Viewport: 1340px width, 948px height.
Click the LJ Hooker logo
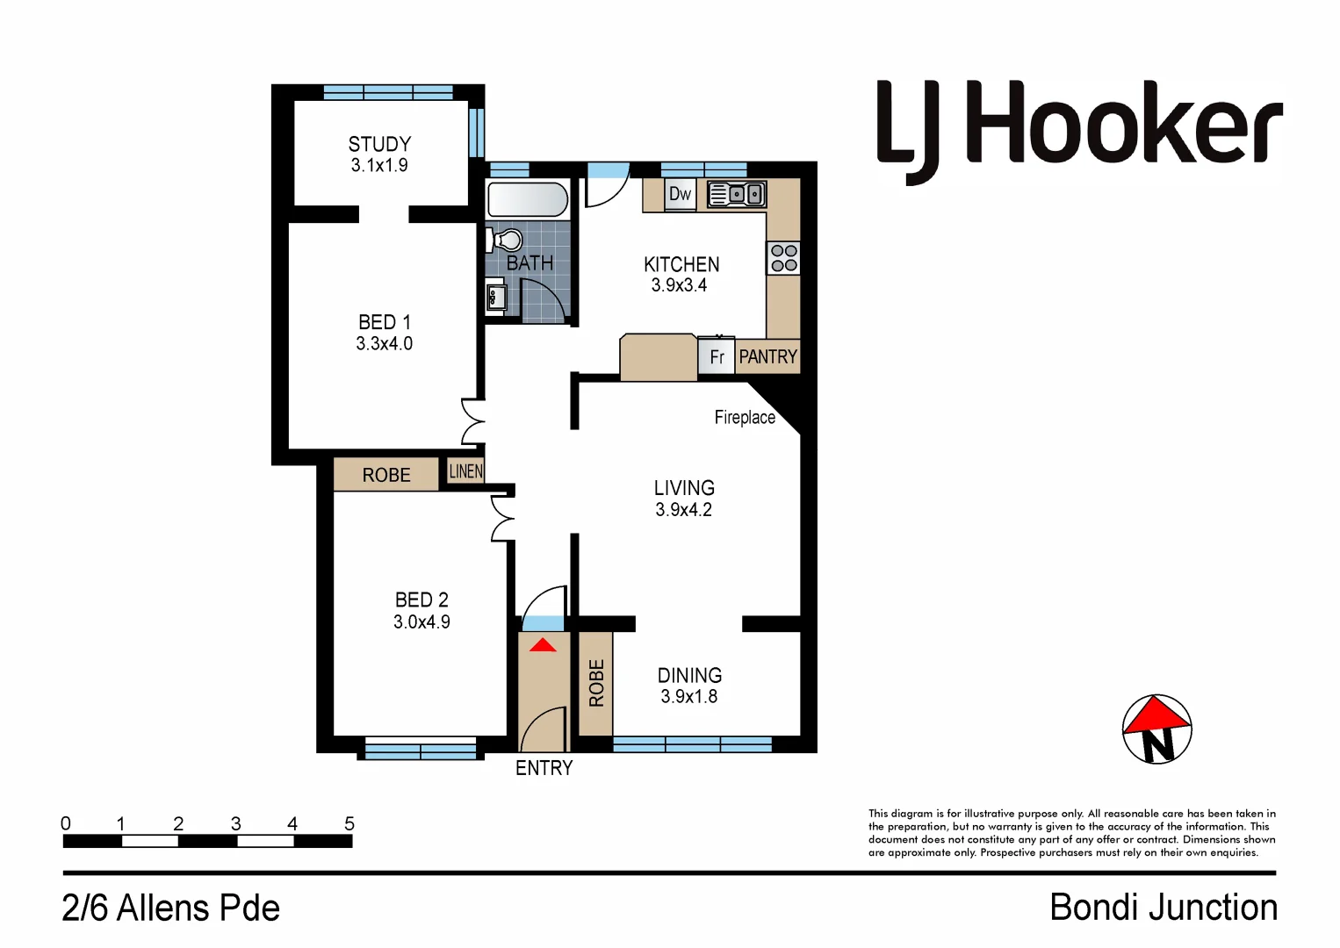click(x=1079, y=127)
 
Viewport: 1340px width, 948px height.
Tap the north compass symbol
click(x=1156, y=729)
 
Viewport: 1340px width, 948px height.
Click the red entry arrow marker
click(x=543, y=645)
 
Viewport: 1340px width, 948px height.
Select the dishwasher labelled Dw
click(x=680, y=194)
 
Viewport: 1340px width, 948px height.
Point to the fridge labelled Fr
click(x=717, y=357)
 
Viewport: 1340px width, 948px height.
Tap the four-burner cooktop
click(x=783, y=258)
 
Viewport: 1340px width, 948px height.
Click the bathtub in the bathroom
click(x=528, y=200)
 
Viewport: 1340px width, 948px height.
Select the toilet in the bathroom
click(x=506, y=240)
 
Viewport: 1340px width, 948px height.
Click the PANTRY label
click(x=767, y=357)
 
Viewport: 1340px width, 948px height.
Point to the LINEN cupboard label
click(x=465, y=471)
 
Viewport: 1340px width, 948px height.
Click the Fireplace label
click(x=745, y=418)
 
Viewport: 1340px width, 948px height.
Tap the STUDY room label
click(x=379, y=144)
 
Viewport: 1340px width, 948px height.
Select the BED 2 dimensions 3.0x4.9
click(x=421, y=622)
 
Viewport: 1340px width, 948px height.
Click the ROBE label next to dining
click(x=596, y=682)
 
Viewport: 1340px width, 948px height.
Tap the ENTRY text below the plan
click(x=544, y=768)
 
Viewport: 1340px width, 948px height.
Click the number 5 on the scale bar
click(x=349, y=823)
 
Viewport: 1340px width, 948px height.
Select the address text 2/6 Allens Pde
click(x=170, y=908)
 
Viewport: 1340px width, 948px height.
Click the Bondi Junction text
click(x=1163, y=908)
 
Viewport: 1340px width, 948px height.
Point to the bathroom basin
click(x=496, y=296)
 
